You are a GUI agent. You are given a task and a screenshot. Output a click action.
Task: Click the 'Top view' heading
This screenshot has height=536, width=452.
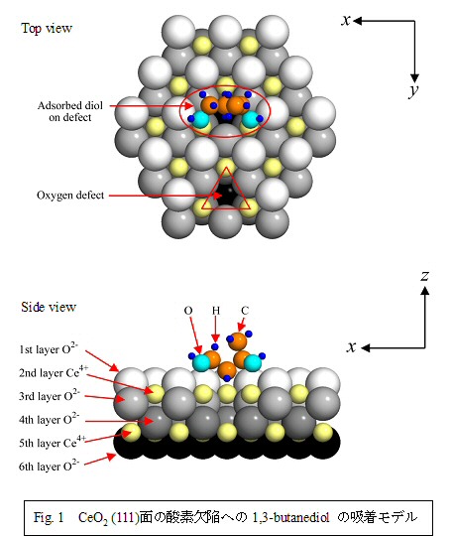[x=47, y=28]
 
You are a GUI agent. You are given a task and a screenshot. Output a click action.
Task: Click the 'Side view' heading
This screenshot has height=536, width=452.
[x=49, y=307]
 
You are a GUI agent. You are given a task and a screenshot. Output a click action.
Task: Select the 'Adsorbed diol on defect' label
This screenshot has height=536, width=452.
[x=70, y=111]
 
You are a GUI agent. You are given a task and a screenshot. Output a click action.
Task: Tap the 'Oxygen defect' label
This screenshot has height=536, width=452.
[x=70, y=196]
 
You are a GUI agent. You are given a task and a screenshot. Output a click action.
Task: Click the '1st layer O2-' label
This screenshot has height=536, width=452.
[x=49, y=348]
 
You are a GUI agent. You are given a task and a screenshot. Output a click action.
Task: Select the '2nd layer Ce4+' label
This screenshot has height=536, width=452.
[x=54, y=372]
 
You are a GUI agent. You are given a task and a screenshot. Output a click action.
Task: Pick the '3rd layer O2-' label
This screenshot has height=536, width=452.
[x=50, y=395]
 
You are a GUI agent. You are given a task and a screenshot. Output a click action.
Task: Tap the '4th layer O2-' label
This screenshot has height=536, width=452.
[x=50, y=419]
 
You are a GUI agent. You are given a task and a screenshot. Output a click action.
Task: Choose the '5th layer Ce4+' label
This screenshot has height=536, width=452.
[x=53, y=443]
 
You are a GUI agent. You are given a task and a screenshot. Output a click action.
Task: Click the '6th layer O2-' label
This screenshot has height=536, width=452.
[x=50, y=466]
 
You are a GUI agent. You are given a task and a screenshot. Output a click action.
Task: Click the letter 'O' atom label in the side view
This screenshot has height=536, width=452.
[x=188, y=311]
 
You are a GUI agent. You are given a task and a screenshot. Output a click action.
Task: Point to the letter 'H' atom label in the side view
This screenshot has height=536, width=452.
[x=216, y=311]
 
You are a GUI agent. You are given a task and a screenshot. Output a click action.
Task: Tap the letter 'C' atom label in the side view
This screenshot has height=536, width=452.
[x=245, y=311]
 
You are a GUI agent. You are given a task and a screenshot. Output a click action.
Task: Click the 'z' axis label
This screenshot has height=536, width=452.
[x=424, y=276]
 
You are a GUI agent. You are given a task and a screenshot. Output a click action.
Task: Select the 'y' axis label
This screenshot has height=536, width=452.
[x=413, y=90]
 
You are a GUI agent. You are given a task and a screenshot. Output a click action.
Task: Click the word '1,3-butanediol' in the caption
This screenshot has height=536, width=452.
[x=290, y=517]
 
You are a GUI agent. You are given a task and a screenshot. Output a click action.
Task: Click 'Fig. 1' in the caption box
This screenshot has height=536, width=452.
[x=49, y=517]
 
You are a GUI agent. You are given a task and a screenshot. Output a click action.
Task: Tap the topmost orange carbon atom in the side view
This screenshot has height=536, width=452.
[x=238, y=340]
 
